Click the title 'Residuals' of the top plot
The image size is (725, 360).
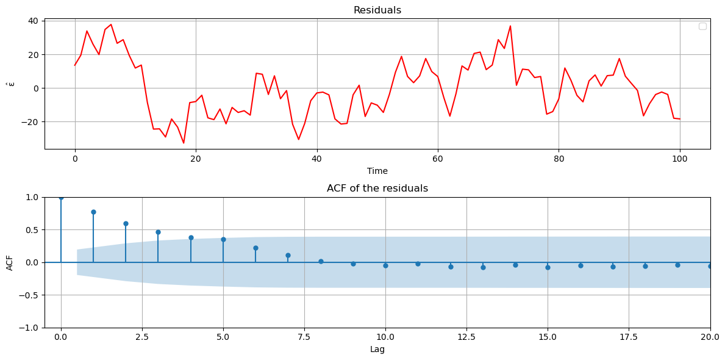[377, 10]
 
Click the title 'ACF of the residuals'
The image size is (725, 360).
[377, 189]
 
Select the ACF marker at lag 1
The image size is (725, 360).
[93, 212]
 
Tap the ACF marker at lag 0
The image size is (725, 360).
[61, 197]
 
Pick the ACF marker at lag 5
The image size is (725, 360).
[223, 239]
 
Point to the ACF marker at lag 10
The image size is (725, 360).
[385, 265]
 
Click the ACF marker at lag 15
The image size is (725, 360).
[548, 267]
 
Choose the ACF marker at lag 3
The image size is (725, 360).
[158, 232]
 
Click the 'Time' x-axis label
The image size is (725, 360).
[377, 171]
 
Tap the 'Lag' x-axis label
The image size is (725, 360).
[377, 350]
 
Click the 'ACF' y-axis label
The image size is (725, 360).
[10, 262]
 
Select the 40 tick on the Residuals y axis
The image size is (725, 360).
[33, 21]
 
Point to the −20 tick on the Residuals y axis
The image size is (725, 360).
[30, 122]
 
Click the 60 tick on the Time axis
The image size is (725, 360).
[438, 159]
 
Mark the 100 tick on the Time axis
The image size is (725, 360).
[679, 159]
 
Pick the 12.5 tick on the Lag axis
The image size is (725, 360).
[466, 337]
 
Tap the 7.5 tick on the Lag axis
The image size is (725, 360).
[304, 337]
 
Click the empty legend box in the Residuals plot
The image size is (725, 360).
[702, 26]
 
